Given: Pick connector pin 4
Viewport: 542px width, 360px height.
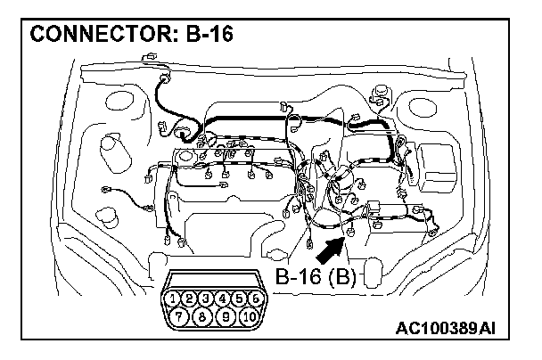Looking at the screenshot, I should (x=223, y=298).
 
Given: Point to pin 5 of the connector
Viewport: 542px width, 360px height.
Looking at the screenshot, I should (x=239, y=298).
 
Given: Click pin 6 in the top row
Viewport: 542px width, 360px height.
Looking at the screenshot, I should (x=255, y=298).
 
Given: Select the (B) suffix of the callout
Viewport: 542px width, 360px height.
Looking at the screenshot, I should (x=342, y=276).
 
